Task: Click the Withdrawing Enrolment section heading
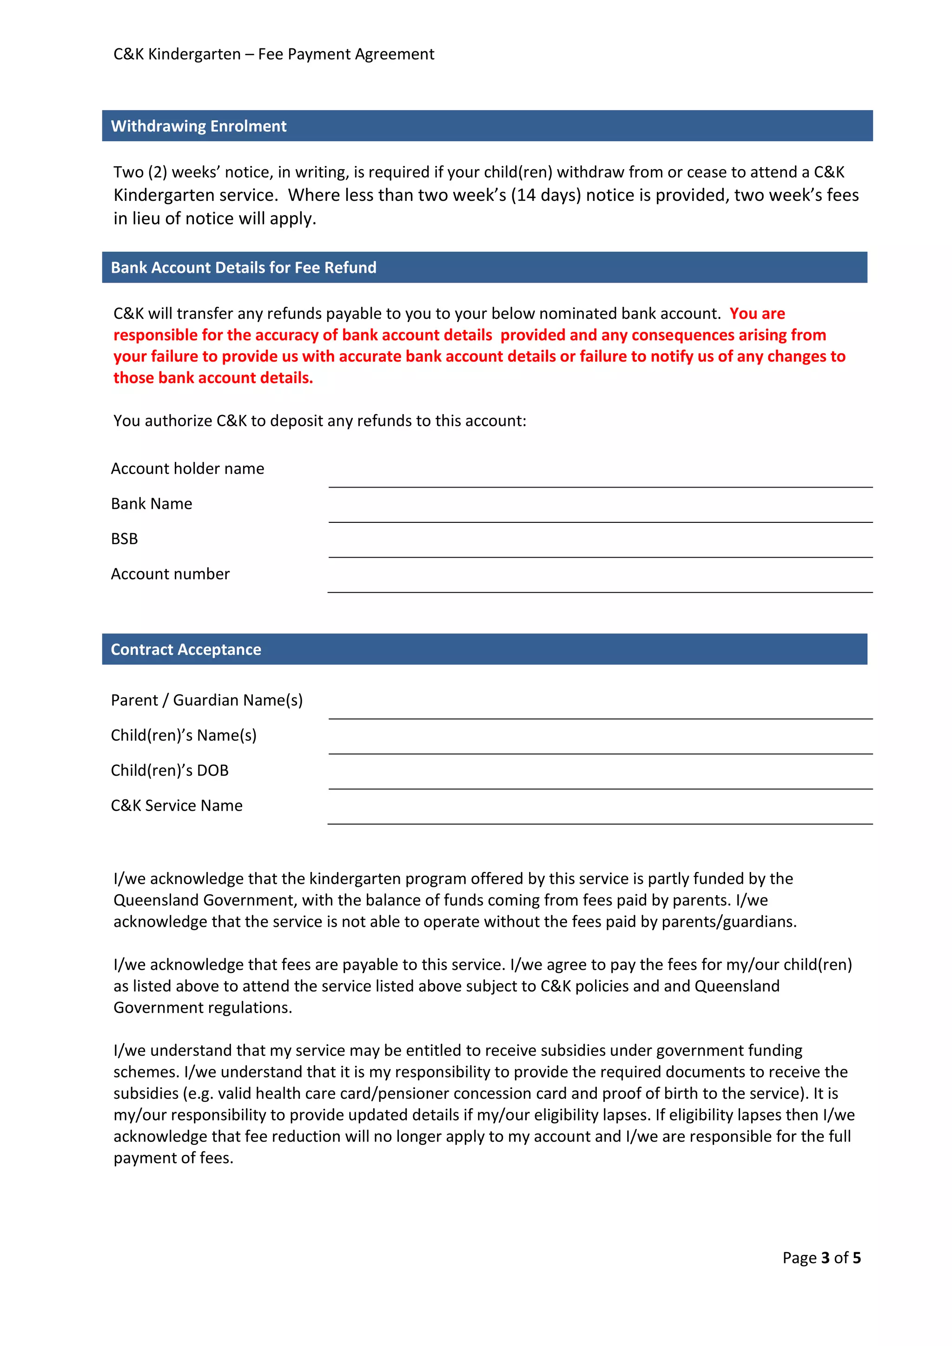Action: tap(199, 126)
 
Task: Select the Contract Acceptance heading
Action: tap(186, 650)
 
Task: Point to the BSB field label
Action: tap(124, 539)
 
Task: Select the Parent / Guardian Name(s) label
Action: tap(206, 700)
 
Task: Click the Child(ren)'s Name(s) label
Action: tap(184, 735)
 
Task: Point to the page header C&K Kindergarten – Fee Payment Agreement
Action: tap(274, 54)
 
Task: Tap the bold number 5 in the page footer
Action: tap(856, 1258)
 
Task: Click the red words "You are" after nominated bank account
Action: tap(757, 314)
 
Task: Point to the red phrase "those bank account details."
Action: tap(213, 378)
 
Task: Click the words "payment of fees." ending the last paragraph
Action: tap(173, 1158)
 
